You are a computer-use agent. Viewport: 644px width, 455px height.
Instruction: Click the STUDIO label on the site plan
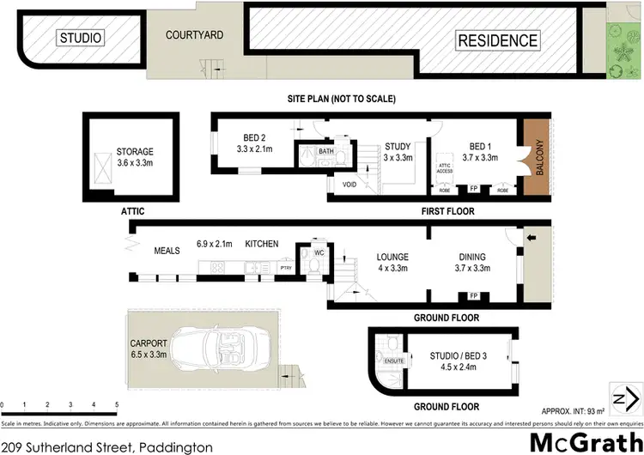[81, 38]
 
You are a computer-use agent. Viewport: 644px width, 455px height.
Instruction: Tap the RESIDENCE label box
[497, 40]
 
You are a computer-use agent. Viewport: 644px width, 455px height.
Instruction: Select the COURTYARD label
[195, 35]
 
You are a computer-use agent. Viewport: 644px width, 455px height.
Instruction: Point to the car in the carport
[211, 349]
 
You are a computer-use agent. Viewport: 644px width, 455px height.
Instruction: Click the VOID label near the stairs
[349, 184]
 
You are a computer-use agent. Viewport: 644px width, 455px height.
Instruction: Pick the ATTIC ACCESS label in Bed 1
[445, 168]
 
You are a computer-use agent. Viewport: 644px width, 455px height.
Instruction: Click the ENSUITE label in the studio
[394, 361]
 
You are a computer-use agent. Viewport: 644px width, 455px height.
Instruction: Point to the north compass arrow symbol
[621, 397]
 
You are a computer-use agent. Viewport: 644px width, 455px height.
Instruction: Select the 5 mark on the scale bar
[117, 403]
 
